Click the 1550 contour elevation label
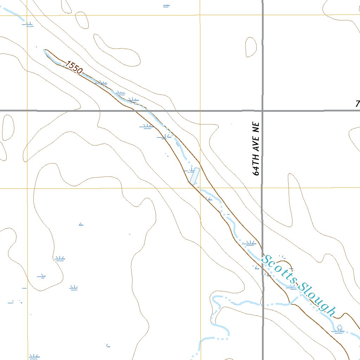(73, 67)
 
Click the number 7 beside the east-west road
(357, 104)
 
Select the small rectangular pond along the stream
(194, 176)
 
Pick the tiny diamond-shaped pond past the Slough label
(339, 328)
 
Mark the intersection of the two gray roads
(262, 110)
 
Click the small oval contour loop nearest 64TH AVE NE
(251, 46)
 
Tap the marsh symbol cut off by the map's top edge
(166, 6)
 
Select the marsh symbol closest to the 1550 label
(102, 83)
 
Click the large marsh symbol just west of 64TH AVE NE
(250, 243)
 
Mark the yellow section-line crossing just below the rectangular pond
(200, 188)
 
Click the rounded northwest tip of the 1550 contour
(45, 51)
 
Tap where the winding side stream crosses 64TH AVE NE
(263, 305)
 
